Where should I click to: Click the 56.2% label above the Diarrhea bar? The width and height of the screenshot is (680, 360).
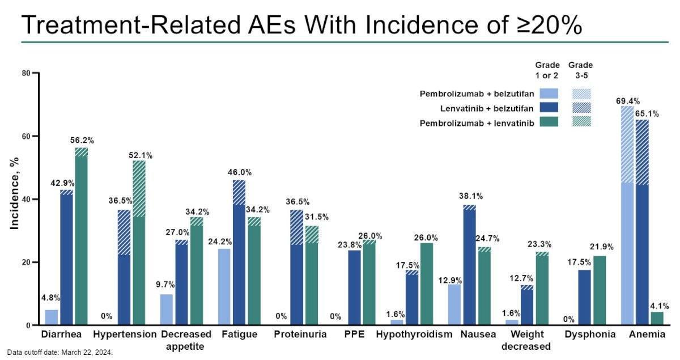(x=82, y=140)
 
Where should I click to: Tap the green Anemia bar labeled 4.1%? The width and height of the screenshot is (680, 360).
(x=656, y=319)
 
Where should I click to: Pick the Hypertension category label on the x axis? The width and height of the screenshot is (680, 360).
(x=125, y=334)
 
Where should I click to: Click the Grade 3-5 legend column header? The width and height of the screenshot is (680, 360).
(x=580, y=69)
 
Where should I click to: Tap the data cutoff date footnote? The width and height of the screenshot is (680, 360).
(x=60, y=353)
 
